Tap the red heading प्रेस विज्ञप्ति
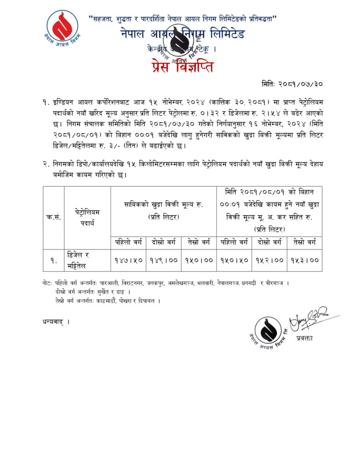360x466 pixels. pos(181,66)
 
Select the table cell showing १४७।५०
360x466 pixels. pos(128,260)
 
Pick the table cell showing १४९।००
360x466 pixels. pos(164,260)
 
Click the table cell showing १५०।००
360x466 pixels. pos(199,260)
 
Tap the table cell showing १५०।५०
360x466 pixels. pos(234,260)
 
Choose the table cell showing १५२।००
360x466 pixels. pos(269,260)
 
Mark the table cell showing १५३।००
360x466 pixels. pos(305,260)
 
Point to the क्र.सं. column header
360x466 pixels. pos(54,217)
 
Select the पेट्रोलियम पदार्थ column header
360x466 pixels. pos(87,217)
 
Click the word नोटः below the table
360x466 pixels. pos(46,283)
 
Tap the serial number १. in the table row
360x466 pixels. pos(54,260)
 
